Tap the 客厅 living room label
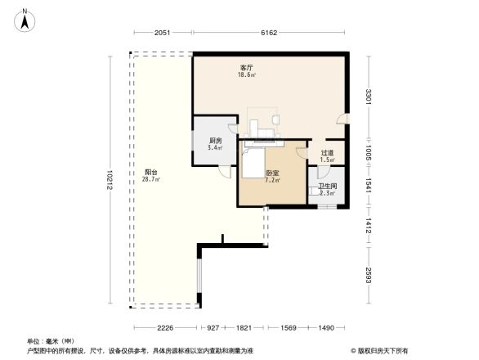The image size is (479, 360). (245, 68)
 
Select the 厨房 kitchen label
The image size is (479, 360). (215, 141)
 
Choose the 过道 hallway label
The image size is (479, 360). (327, 152)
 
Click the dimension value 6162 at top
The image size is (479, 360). (270, 33)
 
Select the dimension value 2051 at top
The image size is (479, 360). (161, 33)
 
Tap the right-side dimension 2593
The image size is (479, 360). (369, 276)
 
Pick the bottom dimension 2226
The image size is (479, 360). (165, 328)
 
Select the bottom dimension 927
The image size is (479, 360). (213, 328)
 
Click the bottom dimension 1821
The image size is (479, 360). (244, 328)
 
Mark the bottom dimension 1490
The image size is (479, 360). (326, 328)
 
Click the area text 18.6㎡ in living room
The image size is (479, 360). (245, 75)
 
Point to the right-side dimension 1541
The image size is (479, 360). (369, 186)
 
